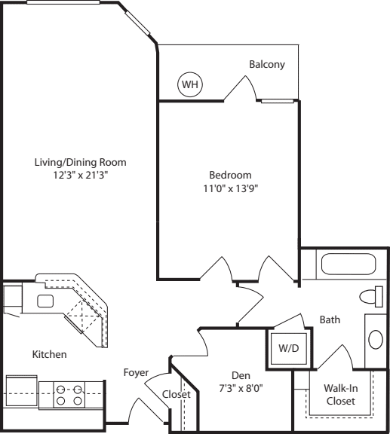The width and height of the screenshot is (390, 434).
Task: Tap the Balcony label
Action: tap(267, 64)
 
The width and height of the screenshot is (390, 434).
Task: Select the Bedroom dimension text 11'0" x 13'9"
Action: tap(231, 189)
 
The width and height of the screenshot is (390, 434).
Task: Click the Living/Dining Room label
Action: tap(81, 162)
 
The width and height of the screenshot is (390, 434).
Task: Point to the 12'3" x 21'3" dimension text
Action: tap(81, 176)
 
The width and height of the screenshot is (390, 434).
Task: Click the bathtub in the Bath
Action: tap(349, 264)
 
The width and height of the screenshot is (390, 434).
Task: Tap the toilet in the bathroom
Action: tap(371, 297)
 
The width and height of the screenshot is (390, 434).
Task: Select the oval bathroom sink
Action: tap(376, 339)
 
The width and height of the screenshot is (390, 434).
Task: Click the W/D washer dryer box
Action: tap(289, 348)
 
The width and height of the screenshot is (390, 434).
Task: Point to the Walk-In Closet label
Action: tap(341, 395)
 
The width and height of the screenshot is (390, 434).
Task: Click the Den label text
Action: tap(241, 375)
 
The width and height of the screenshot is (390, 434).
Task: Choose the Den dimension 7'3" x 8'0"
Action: tap(241, 389)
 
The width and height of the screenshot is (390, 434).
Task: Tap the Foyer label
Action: tap(136, 373)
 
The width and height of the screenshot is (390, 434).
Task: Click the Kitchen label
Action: tap(49, 355)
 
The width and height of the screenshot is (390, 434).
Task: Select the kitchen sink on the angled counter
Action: tap(45, 301)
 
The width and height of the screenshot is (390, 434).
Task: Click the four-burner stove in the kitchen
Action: tap(69, 395)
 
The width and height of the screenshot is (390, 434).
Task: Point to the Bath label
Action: tap(330, 319)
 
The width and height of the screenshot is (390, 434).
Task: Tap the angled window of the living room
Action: tap(137, 23)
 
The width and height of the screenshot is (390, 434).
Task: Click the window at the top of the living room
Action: tap(63, 2)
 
